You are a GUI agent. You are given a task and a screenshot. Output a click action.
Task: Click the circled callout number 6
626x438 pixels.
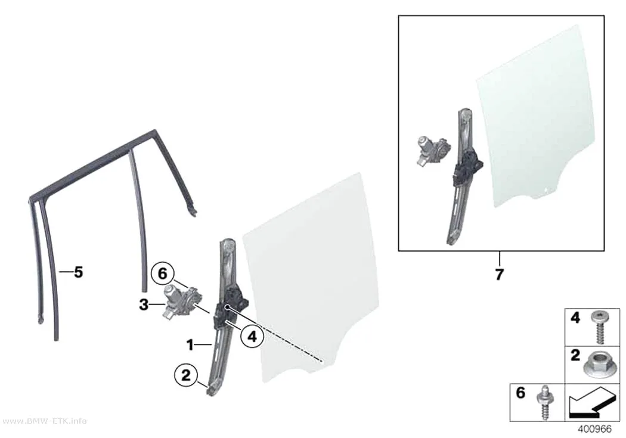tap(162, 274)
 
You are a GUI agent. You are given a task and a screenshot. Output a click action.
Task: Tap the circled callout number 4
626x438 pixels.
tap(252, 337)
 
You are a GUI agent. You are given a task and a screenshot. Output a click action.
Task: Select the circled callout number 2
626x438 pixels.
tap(185, 375)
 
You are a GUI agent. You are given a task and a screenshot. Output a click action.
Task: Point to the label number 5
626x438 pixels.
tap(78, 272)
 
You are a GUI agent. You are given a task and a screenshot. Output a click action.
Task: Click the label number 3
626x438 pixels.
tap(144, 305)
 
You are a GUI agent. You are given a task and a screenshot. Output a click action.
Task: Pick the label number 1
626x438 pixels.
tap(190, 344)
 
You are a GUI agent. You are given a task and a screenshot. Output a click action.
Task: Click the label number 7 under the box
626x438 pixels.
tap(499, 275)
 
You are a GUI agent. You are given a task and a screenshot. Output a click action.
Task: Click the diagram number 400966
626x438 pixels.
tap(594, 429)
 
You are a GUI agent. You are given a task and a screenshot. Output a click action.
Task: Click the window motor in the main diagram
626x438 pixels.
tap(181, 300)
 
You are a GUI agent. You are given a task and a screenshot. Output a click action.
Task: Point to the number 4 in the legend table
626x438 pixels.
tap(575, 318)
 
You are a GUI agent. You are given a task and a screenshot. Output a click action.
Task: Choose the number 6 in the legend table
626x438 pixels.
tap(520, 393)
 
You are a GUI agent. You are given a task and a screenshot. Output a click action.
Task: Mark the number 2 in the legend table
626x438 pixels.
tap(575, 355)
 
